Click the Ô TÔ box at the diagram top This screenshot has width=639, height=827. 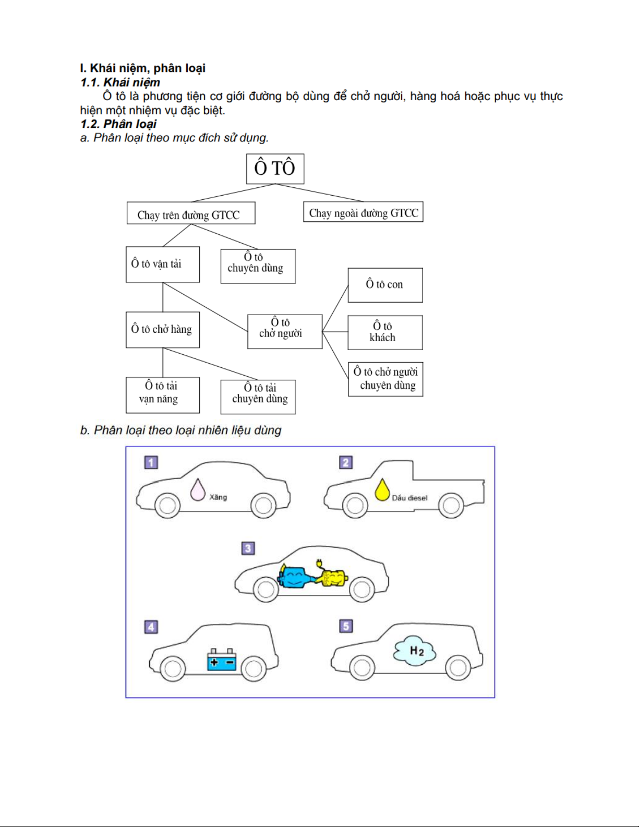(275, 169)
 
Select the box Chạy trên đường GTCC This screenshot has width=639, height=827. (191, 213)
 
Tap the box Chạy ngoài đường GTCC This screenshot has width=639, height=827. (363, 212)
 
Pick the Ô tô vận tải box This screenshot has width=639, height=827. (162, 265)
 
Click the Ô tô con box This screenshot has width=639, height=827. (385, 285)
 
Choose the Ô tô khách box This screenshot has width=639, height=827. (385, 332)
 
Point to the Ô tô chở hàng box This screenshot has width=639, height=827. (162, 330)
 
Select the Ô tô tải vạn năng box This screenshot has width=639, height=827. (162, 395)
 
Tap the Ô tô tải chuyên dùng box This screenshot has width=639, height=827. (258, 397)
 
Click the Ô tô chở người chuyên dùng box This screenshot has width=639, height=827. (385, 379)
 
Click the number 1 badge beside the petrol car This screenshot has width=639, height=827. (151, 462)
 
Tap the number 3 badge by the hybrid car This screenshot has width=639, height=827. (248, 548)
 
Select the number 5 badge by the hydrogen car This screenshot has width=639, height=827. (346, 626)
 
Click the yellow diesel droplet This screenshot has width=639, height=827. (382, 489)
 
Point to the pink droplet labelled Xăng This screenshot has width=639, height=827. (198, 490)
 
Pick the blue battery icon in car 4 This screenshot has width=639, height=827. (222, 660)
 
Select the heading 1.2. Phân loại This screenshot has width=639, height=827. (118, 124)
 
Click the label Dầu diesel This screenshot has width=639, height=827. (409, 498)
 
